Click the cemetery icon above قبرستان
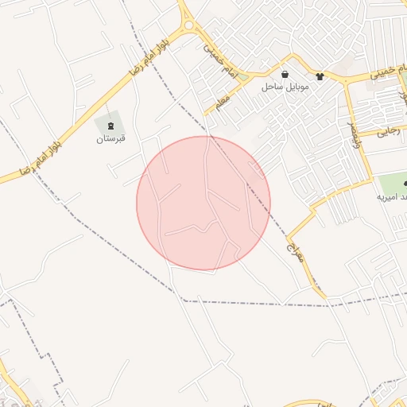[110, 126]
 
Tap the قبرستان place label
[111, 139]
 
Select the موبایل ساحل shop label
[285, 86]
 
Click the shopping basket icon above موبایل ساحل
[285, 75]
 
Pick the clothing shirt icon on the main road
[320, 77]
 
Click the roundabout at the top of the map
[188, 26]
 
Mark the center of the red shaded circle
[203, 203]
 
